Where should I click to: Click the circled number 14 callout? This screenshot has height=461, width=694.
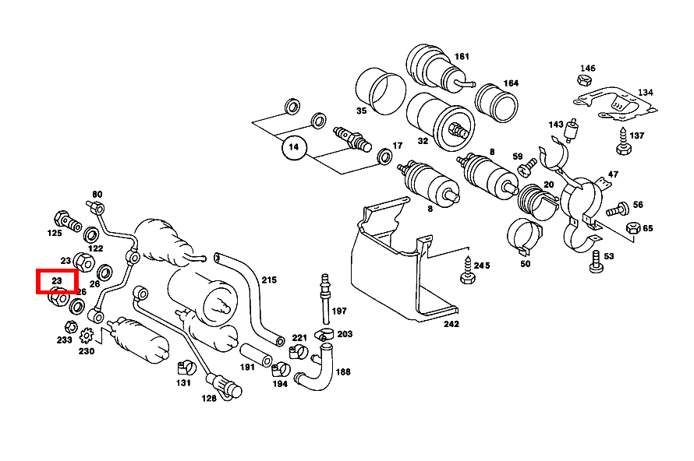pos(294,147)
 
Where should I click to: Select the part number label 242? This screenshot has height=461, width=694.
pos(451,324)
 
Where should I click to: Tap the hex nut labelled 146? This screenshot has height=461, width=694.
pos(584,80)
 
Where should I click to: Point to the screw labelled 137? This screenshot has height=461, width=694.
pos(624,142)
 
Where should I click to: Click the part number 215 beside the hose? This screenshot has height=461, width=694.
pos(269,280)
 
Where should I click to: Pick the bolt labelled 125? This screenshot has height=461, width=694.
pos(67,221)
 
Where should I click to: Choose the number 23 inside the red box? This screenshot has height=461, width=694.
pos(57,280)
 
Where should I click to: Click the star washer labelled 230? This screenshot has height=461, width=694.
pos(87,336)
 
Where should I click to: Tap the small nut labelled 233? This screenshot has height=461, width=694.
pos(71,328)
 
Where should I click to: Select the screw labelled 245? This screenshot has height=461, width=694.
pos(467,270)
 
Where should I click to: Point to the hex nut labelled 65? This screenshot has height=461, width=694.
pos(633,227)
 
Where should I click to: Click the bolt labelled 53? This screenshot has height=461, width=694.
pos(597,262)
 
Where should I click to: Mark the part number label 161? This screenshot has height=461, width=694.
pos(461,57)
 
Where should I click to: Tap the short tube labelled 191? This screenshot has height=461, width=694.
pos(257,355)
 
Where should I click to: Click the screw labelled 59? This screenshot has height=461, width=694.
pos(527,168)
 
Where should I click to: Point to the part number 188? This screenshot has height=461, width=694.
pos(342,371)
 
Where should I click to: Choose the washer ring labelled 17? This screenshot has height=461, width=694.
pos(384,156)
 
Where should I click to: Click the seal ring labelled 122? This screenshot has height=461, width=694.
pos(91,235)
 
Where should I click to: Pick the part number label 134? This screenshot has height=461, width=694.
pos(645,93)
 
